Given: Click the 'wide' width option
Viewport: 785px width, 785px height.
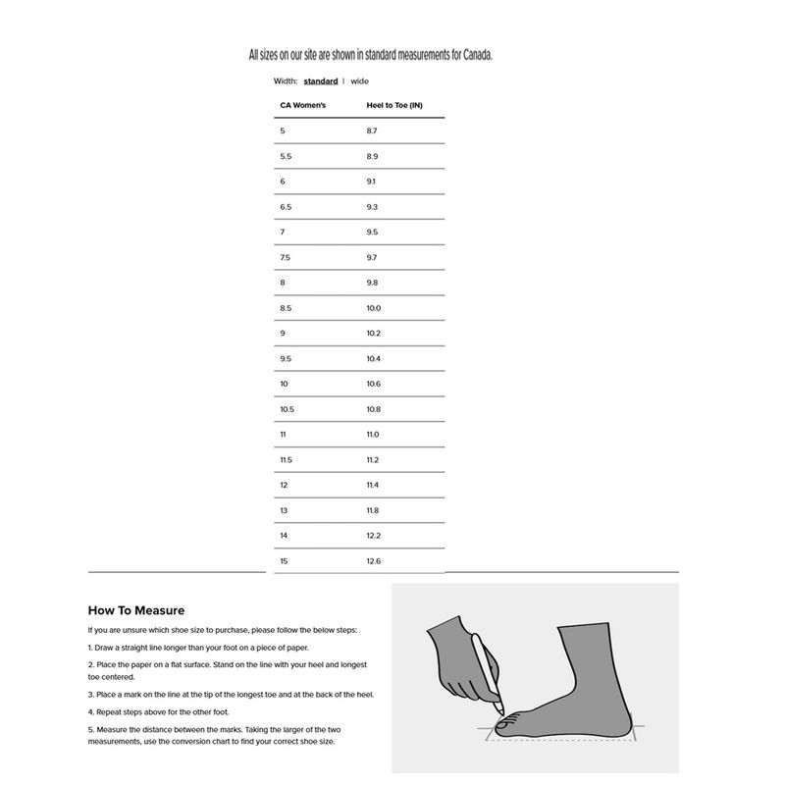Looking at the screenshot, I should (x=359, y=81).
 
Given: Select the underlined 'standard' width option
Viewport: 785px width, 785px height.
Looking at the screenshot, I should (x=321, y=81).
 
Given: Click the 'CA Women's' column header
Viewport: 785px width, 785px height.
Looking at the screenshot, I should (x=302, y=105).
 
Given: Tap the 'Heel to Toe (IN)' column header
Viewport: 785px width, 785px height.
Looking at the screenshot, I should (x=394, y=105).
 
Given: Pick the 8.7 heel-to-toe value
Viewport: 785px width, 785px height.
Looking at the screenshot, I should (x=372, y=131).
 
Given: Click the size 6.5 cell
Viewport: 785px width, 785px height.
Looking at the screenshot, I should (x=286, y=207).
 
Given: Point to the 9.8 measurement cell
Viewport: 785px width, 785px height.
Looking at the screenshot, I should (x=372, y=283).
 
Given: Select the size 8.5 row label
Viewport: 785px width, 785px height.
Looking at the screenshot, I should (x=286, y=308).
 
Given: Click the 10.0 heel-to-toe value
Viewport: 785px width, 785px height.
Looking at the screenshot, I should (x=373, y=308).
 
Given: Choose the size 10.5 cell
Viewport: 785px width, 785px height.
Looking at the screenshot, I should (x=288, y=409).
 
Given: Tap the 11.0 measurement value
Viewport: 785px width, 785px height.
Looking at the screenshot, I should (x=373, y=435).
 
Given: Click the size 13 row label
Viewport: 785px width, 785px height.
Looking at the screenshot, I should (x=284, y=510).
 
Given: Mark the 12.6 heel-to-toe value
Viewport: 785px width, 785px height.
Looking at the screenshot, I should (x=373, y=561).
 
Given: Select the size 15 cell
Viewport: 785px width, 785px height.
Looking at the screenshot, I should (x=284, y=561).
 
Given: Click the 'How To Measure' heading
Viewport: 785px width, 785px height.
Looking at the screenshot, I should (x=136, y=610).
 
